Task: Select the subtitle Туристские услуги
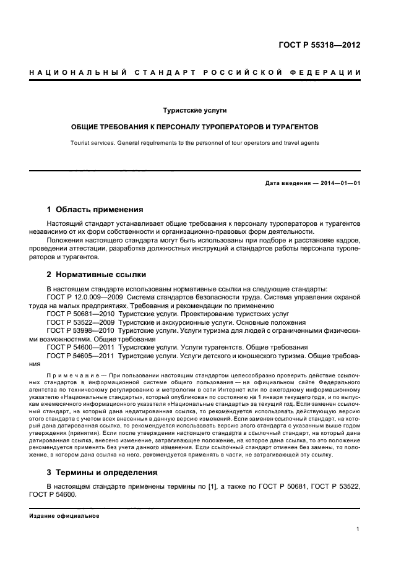coord(195,110)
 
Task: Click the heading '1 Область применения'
coord(95,210)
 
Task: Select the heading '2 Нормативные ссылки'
coord(96,275)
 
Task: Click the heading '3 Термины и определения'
coord(102,472)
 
